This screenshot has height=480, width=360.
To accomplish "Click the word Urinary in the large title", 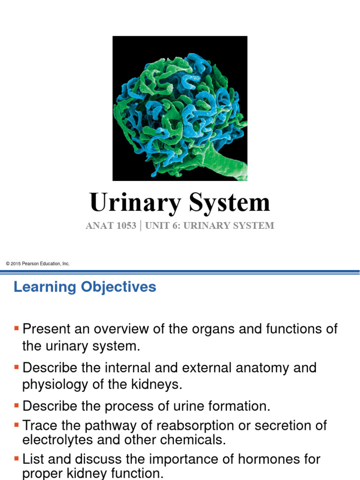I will [x=134, y=203].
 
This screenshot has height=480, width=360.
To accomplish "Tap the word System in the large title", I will [x=230, y=203].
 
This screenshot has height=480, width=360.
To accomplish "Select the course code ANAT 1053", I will [x=111, y=225].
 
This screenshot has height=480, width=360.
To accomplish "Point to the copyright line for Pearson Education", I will [x=37, y=264].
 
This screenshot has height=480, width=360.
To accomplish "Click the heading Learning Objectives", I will [x=85, y=287].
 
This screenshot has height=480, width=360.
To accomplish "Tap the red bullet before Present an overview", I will [x=17, y=327].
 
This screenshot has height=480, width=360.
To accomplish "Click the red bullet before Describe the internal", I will [x=17, y=366].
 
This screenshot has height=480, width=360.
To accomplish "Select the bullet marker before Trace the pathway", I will [x=17, y=424].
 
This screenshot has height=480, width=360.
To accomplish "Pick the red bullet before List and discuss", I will [x=17, y=458].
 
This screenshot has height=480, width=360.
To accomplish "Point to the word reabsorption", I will [x=216, y=426].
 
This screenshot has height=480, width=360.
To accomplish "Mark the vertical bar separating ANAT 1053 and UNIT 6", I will [x=141, y=225].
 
